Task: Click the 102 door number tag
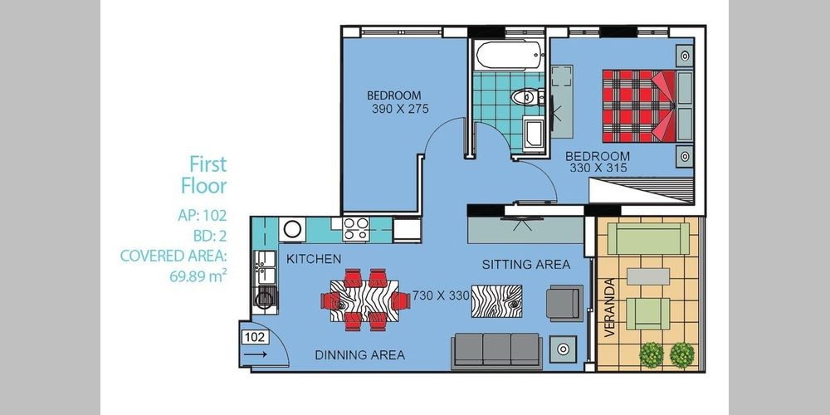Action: tap(256, 337)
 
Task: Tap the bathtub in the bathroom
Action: tap(510, 55)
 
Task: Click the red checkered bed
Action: tap(639, 106)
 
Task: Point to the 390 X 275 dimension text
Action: tap(400, 110)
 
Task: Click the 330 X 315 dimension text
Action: tap(598, 168)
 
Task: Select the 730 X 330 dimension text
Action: tap(441, 296)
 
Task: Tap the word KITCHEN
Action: tap(314, 259)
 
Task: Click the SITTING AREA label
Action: tap(525, 265)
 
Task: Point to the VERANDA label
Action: tap(609, 308)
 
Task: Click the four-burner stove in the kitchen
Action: tap(356, 229)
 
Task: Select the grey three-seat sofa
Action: tap(496, 350)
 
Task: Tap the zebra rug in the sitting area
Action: tap(496, 301)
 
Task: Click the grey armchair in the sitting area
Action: tap(564, 303)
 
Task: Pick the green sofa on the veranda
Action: tap(648, 239)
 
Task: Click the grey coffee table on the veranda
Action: tap(648, 276)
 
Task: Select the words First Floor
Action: tap(204, 174)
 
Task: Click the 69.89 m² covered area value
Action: tap(198, 276)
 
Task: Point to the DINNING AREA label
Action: tap(360, 355)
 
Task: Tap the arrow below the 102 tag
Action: tap(256, 354)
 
